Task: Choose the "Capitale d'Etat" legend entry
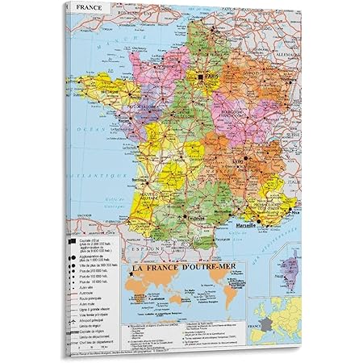100,232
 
